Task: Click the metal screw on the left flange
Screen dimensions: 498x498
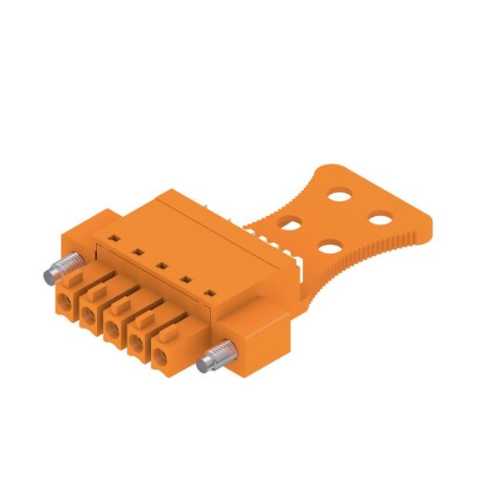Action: [57, 272]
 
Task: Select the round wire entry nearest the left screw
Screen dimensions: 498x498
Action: [65, 300]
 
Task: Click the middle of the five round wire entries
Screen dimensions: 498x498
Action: [112, 327]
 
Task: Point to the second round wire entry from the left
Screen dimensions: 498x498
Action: [89, 314]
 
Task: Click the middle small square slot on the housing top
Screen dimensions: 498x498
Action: [158, 263]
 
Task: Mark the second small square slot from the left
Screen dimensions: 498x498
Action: [135, 252]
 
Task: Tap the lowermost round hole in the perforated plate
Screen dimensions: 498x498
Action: [330, 248]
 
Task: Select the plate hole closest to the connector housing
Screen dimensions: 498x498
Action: [290, 224]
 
